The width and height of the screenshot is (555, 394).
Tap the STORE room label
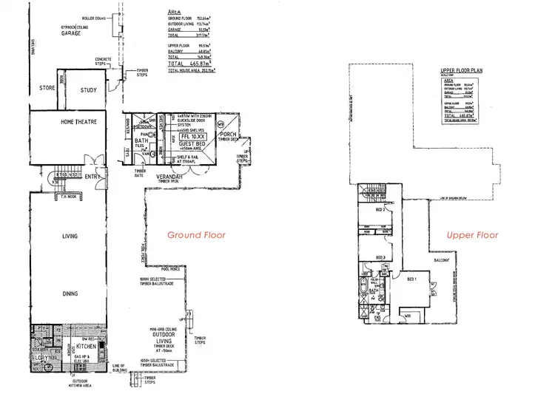[47, 88]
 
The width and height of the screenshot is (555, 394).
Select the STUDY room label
[88, 90]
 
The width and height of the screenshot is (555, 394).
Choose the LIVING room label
[69, 237]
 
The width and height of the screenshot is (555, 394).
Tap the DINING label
[69, 293]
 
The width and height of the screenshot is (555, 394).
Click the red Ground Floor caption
[196, 235]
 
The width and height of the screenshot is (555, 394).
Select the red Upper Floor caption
[472, 235]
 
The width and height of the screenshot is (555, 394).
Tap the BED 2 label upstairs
[380, 211]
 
